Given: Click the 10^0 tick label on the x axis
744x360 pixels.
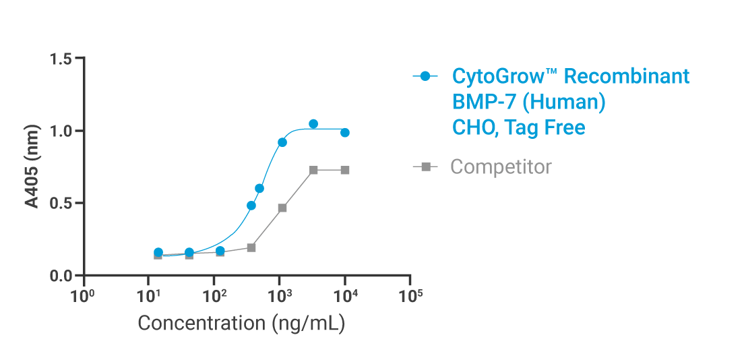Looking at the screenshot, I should pyautogui.click(x=83, y=295).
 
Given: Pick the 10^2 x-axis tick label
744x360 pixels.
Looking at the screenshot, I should pyautogui.click(x=214, y=295).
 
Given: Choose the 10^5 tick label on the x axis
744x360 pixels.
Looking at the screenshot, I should pyautogui.click(x=410, y=295).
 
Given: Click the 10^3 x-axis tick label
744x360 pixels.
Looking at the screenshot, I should pyautogui.click(x=279, y=295).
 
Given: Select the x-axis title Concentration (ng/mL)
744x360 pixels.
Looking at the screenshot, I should pyautogui.click(x=241, y=323).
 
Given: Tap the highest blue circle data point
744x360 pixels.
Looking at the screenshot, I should pyautogui.click(x=313, y=124).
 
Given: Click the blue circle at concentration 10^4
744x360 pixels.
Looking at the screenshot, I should pyautogui.click(x=345, y=133).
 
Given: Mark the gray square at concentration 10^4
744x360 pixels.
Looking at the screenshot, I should pyautogui.click(x=345, y=170).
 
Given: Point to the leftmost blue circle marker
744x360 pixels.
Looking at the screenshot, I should pyautogui.click(x=158, y=252).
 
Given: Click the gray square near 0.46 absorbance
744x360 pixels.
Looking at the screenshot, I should pyautogui.click(x=282, y=208).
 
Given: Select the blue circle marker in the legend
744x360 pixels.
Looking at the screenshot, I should pyautogui.click(x=425, y=76).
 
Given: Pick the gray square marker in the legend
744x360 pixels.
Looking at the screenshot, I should pyautogui.click(x=425, y=167).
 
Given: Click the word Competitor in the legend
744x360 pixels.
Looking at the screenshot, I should pyautogui.click(x=501, y=167).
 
